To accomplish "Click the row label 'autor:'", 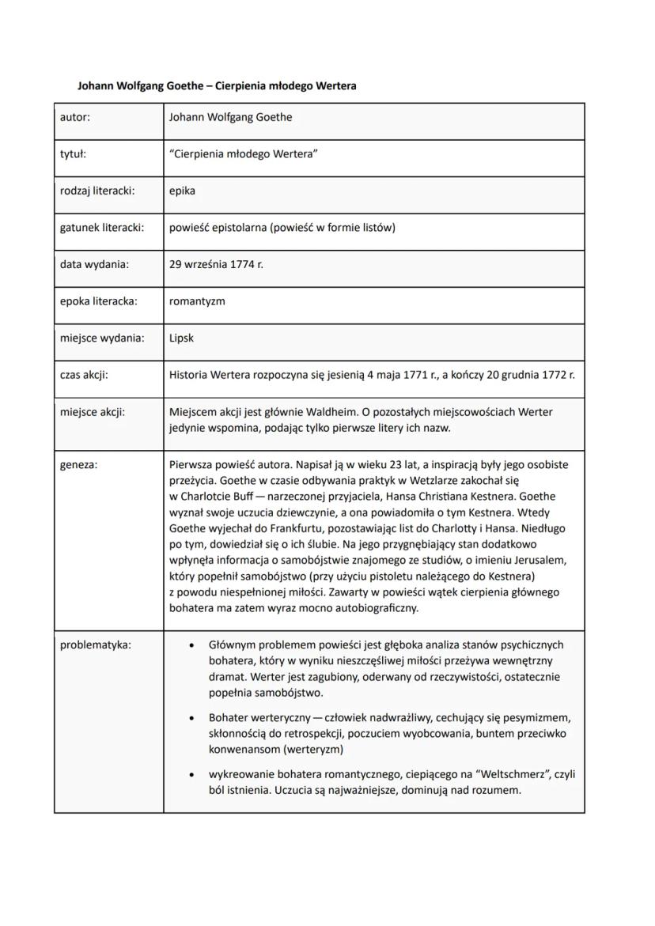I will pyautogui.click(x=75, y=118).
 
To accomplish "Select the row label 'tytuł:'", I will pyautogui.click(x=73, y=154).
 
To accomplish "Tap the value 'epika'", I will pyautogui.click(x=182, y=191).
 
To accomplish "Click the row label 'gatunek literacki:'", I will pyautogui.click(x=102, y=228).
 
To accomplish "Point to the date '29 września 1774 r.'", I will pyautogui.click(x=216, y=264).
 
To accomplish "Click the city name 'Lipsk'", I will pyautogui.click(x=181, y=338).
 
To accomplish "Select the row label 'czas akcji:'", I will pyautogui.click(x=84, y=375).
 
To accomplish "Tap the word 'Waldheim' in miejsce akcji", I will pyautogui.click(x=328, y=412).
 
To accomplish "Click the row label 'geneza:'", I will pyautogui.click(x=79, y=465).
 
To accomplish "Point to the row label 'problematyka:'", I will pyautogui.click(x=96, y=644).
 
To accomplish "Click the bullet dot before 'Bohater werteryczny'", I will pyautogui.click(x=191, y=719).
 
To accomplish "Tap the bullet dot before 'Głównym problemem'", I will pyautogui.click(x=191, y=645).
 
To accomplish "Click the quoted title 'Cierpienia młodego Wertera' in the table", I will pyautogui.click(x=244, y=154).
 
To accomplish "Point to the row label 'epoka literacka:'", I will pyautogui.click(x=99, y=301).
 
